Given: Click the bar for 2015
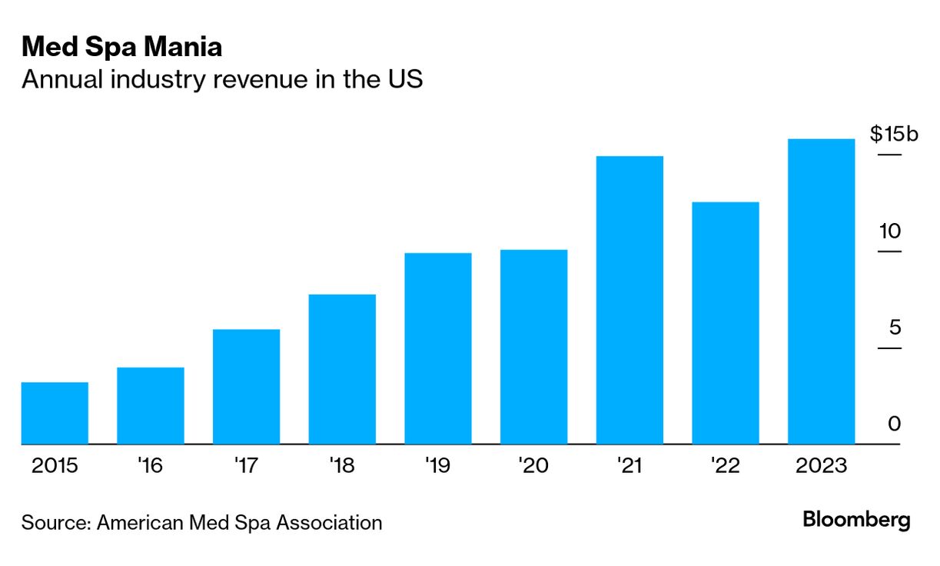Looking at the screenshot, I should [x=55, y=413].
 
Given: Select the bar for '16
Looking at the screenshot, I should [x=151, y=405].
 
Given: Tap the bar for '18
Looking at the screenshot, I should [x=342, y=369].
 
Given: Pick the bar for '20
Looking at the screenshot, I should [x=533, y=347].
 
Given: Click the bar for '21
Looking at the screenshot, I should [x=629, y=300].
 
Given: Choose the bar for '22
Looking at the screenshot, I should [x=726, y=323].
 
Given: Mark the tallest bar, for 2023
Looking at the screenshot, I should [x=822, y=291].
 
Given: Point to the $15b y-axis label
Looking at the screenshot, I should [x=894, y=135].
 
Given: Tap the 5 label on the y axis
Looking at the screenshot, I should [x=894, y=328].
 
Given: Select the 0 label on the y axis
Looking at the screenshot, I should [x=894, y=424].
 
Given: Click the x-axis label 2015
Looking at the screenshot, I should [x=55, y=466].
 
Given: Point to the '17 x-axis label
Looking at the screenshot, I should [x=246, y=466].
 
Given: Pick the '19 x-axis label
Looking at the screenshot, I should [x=438, y=466].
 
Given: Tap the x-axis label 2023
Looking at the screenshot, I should [x=822, y=466].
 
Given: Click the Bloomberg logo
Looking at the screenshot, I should [x=856, y=521].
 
